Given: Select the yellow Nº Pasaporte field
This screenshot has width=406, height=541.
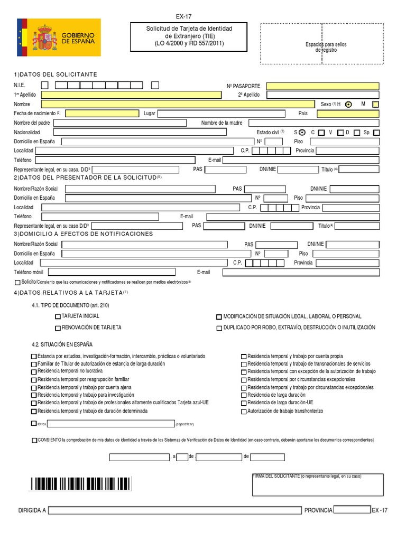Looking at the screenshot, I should point(322,86).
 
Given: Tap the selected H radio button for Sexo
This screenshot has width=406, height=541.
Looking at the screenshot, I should point(348,105).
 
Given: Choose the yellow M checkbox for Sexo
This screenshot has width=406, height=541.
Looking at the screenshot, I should point(375,105).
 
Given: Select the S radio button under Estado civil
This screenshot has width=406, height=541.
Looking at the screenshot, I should point(301,132).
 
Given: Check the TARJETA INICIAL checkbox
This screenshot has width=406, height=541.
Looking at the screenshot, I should point(58,317).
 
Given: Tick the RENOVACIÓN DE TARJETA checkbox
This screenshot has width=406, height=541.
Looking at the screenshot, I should point(58,328).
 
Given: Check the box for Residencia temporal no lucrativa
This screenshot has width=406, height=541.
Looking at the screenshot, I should point(34,372).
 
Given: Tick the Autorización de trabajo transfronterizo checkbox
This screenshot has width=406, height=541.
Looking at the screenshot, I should point(244,412).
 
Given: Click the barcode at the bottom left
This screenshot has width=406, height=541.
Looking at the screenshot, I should point(80,483).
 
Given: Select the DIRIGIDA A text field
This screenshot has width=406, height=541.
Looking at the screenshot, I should point(175,510).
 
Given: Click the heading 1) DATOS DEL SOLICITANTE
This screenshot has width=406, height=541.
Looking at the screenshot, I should point(56,74).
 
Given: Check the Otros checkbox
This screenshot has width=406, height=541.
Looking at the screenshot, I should point(34,424).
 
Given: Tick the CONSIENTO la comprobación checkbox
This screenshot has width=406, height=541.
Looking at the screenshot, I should point(34,440).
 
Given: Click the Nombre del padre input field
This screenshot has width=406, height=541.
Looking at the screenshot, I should point(120,123).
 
